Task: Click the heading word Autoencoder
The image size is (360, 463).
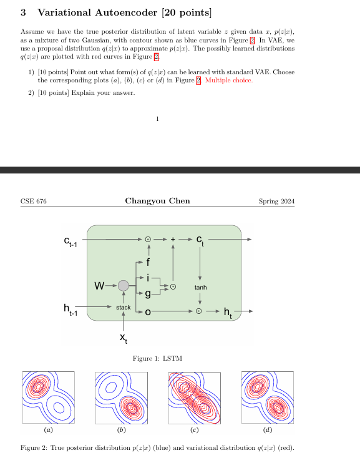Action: pyautogui.click(x=120, y=12)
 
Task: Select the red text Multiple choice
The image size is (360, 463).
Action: pyautogui.click(x=228, y=80)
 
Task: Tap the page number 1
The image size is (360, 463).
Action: pyautogui.click(x=158, y=119)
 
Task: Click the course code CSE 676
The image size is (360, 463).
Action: pyautogui.click(x=34, y=201)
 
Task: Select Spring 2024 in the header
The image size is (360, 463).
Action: pyautogui.click(x=276, y=201)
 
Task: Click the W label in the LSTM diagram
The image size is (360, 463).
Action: pyautogui.click(x=99, y=286)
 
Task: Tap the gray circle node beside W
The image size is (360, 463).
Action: pyautogui.click(x=124, y=286)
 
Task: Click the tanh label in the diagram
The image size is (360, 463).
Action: pyautogui.click(x=200, y=287)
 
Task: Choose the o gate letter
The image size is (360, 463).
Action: pyautogui.click(x=148, y=311)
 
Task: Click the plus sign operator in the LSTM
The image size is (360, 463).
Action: pyautogui.click(x=173, y=239)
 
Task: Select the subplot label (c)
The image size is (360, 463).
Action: pyautogui.click(x=195, y=431)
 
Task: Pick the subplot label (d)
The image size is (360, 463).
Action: pyautogui.click(x=268, y=431)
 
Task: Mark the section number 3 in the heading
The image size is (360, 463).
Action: pyautogui.click(x=23, y=12)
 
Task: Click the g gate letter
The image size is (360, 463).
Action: pyautogui.click(x=148, y=293)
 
